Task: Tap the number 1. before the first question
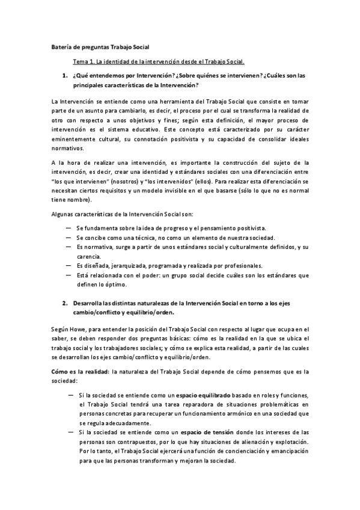(65, 76)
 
